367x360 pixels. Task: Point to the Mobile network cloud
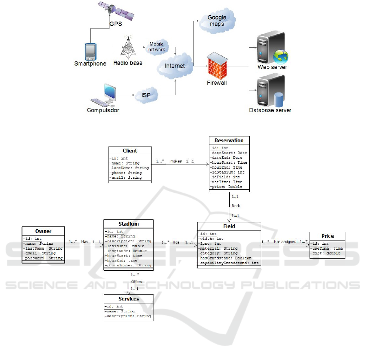click(x=157, y=47)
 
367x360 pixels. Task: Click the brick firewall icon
click(x=216, y=65)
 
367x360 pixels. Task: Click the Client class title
click(x=130, y=151)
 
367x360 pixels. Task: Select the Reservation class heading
click(x=229, y=140)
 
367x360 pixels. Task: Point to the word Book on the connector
click(x=236, y=206)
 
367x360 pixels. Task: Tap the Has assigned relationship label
click(x=285, y=242)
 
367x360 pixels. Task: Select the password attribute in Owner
click(x=43, y=258)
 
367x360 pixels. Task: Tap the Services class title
click(x=129, y=299)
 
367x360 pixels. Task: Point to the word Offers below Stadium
click(x=136, y=281)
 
